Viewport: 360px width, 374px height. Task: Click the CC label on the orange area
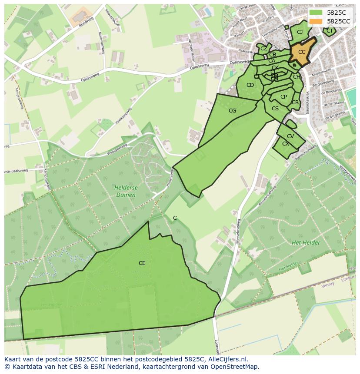pyautogui.click(x=302, y=52)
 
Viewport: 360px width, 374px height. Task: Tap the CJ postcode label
pyautogui.click(x=300, y=32)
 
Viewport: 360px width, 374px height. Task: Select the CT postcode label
pyautogui.click(x=330, y=31)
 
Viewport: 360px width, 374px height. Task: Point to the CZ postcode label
pyautogui.click(x=263, y=49)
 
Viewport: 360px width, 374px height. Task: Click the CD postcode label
pyautogui.click(x=250, y=85)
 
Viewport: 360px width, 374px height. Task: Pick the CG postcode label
pyautogui.click(x=232, y=111)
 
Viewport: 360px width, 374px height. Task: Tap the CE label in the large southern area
pyautogui.click(x=142, y=263)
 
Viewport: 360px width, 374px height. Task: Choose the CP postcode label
pyautogui.click(x=283, y=97)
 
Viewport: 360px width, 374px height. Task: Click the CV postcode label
pyautogui.click(x=290, y=136)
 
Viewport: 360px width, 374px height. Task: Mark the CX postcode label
pyautogui.click(x=285, y=144)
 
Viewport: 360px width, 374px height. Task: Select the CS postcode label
pyautogui.click(x=275, y=109)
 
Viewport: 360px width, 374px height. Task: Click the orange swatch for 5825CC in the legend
pyautogui.click(x=316, y=21)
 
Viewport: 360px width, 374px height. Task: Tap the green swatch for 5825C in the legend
pyautogui.click(x=316, y=13)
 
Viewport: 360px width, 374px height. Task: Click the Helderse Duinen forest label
pyautogui.click(x=125, y=191)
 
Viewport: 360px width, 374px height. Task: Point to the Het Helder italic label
pyautogui.click(x=303, y=242)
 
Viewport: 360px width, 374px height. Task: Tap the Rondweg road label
pyautogui.click(x=86, y=22)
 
